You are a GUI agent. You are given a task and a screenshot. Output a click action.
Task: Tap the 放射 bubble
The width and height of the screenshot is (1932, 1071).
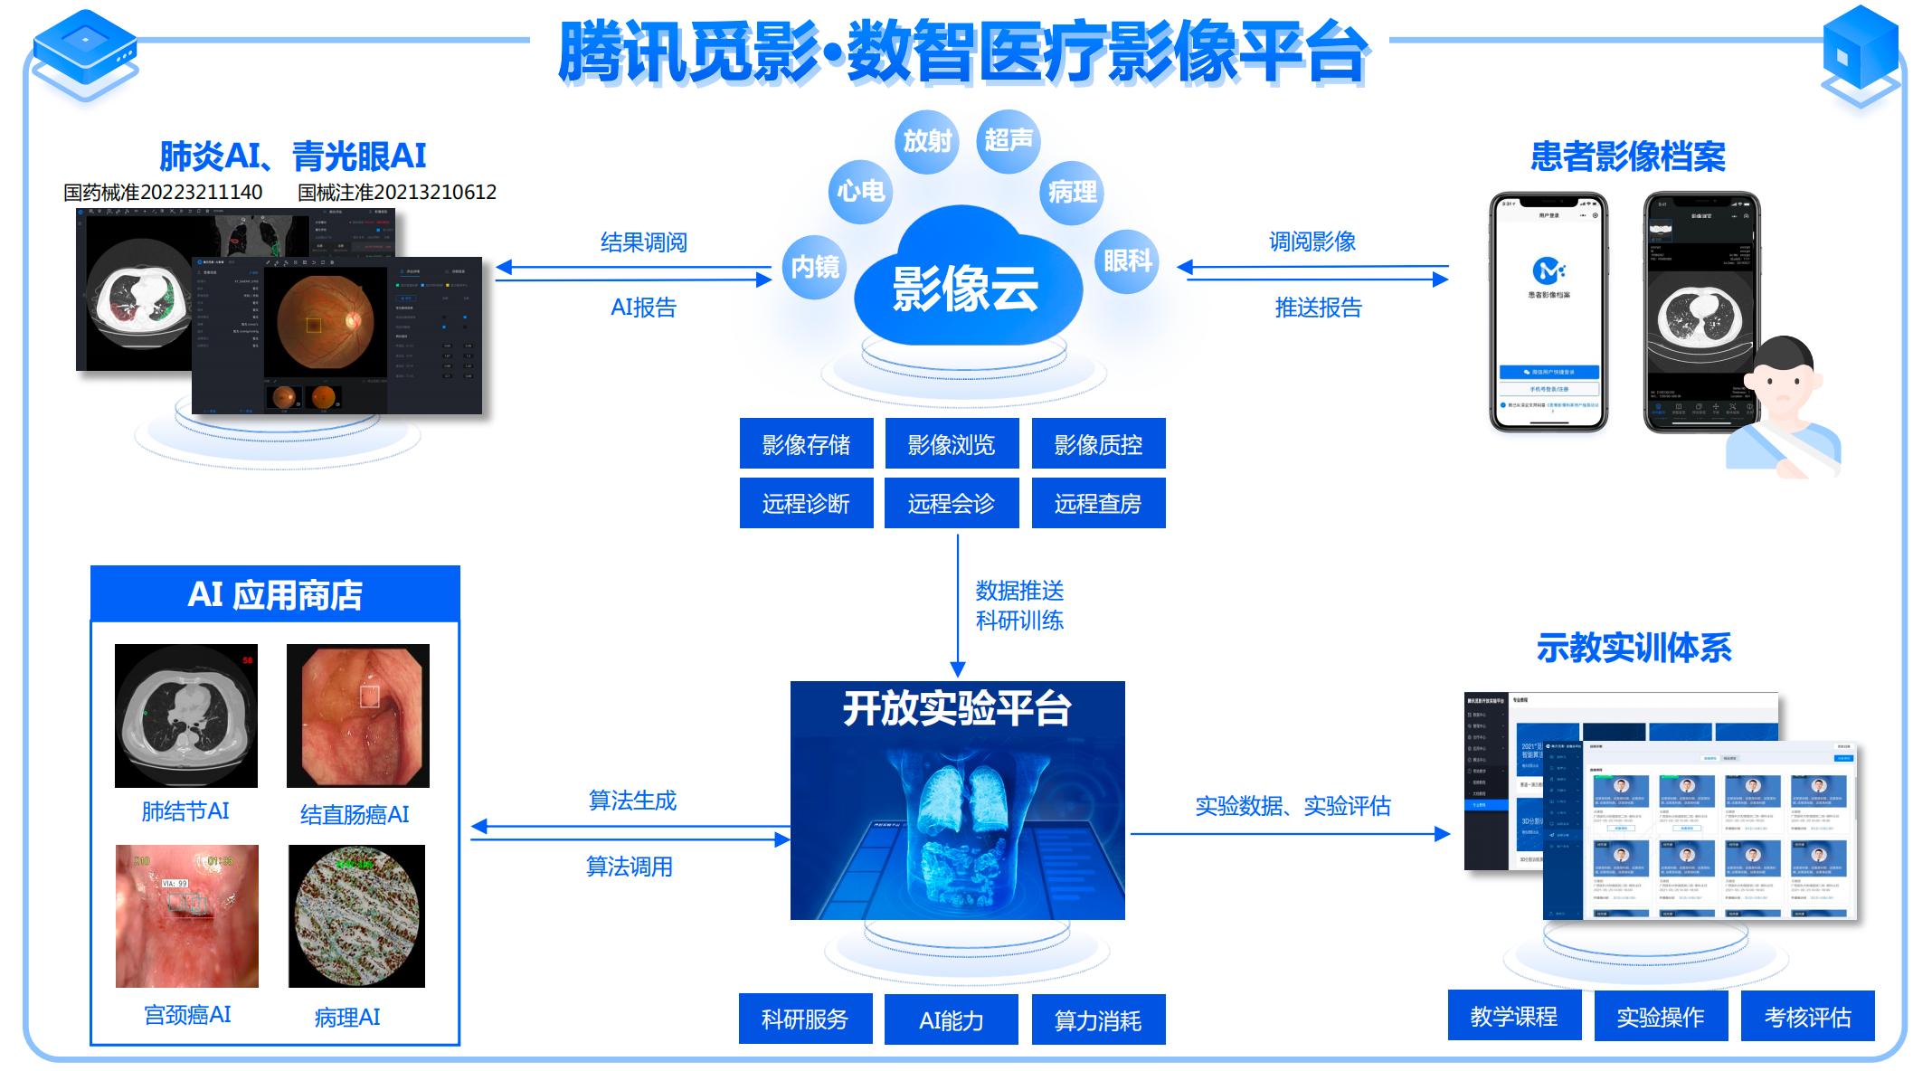[x=927, y=141]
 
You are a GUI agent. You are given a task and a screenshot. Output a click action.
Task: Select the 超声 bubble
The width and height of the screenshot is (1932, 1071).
[x=1008, y=140]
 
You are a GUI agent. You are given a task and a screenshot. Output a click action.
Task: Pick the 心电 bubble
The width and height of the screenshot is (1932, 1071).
[x=860, y=191]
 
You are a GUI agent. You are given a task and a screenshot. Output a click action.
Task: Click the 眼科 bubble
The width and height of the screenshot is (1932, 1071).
[x=1127, y=261]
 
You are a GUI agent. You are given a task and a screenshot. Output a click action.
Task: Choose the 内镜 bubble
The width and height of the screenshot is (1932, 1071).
[x=814, y=267]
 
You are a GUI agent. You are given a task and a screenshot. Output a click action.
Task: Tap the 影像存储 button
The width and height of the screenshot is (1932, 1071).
[x=806, y=444]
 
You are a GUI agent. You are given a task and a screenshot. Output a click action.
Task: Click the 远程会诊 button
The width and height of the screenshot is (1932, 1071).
[x=952, y=503]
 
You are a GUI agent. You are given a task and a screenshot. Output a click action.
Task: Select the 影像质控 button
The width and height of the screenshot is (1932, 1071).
[x=1098, y=444]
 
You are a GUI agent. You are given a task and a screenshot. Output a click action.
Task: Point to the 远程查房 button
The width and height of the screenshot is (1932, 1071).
[x=1098, y=503]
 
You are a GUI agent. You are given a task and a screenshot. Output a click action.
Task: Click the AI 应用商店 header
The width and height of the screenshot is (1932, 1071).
[x=275, y=594]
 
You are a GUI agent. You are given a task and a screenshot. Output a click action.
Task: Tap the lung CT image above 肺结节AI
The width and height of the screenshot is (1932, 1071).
[x=186, y=715]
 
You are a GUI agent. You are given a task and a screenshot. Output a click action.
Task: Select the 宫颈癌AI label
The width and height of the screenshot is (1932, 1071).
[x=187, y=1015]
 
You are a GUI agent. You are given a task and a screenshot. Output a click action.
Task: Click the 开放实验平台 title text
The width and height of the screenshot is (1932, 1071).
[x=957, y=708]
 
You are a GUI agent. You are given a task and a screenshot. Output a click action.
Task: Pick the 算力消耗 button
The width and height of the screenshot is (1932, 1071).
[x=1098, y=1019]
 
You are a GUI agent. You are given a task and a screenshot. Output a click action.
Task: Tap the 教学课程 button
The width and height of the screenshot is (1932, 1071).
[x=1514, y=1016]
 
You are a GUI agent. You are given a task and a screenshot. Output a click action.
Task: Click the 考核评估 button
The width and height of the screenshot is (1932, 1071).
[x=1807, y=1016]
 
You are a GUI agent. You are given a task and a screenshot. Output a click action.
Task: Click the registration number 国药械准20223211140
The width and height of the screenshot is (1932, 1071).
[x=163, y=192]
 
